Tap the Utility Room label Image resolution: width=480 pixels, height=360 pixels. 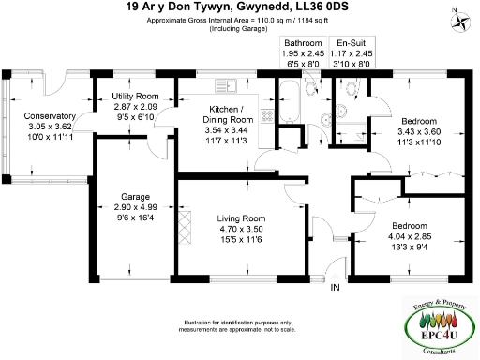coord(132,97)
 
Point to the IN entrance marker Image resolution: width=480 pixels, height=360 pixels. coord(335,287)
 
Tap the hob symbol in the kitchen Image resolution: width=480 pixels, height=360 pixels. coord(266,115)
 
